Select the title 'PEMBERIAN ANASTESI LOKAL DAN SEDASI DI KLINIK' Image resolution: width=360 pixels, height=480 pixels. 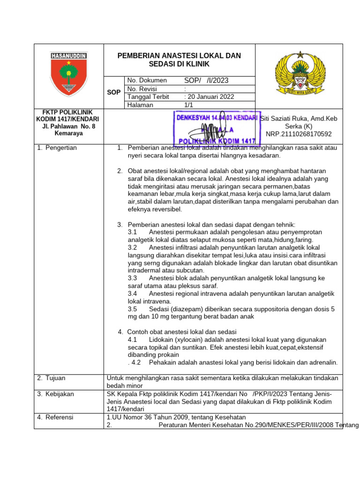point(179,60)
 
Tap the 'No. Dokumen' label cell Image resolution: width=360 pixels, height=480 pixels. point(144,81)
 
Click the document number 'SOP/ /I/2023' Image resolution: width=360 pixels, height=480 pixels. point(206,81)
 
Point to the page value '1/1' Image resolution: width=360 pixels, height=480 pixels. point(189,105)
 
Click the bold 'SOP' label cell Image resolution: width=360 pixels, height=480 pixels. point(114,92)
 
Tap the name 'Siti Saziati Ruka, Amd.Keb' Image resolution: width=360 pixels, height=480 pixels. point(298,118)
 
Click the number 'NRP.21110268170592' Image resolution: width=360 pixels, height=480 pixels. point(299,134)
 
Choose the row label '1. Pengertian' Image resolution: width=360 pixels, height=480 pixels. point(57,148)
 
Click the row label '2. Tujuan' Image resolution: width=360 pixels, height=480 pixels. point(52,378)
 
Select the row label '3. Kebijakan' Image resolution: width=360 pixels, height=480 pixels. point(55,394)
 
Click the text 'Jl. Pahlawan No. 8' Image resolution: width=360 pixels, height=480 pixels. point(68,127)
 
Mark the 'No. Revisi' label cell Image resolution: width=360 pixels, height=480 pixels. point(142,89)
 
